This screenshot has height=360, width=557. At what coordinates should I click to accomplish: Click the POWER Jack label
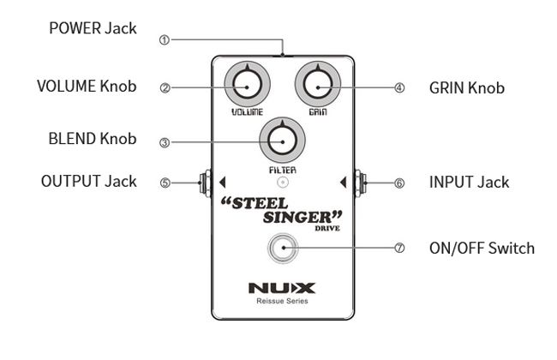[x=93, y=29]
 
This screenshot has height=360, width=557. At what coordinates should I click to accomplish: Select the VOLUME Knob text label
[x=86, y=87]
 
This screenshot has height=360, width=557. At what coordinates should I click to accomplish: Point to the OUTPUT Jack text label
[x=88, y=182]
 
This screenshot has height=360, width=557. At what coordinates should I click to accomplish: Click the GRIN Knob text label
[x=466, y=87]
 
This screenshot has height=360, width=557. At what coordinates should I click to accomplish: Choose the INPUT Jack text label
[x=469, y=182]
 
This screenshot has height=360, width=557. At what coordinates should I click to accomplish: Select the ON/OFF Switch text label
[x=482, y=249]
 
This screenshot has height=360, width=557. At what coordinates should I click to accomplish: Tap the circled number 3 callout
[x=165, y=142]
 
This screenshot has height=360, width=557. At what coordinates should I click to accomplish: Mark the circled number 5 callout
[x=165, y=183]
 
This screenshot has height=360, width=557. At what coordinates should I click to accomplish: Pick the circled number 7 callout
[x=399, y=249]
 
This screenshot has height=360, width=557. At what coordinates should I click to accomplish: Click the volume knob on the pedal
[x=246, y=87]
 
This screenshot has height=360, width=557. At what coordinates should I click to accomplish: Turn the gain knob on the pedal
[x=317, y=87]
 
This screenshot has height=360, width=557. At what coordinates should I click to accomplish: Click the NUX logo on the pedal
[x=281, y=287]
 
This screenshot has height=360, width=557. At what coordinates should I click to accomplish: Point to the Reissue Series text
[x=281, y=302]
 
